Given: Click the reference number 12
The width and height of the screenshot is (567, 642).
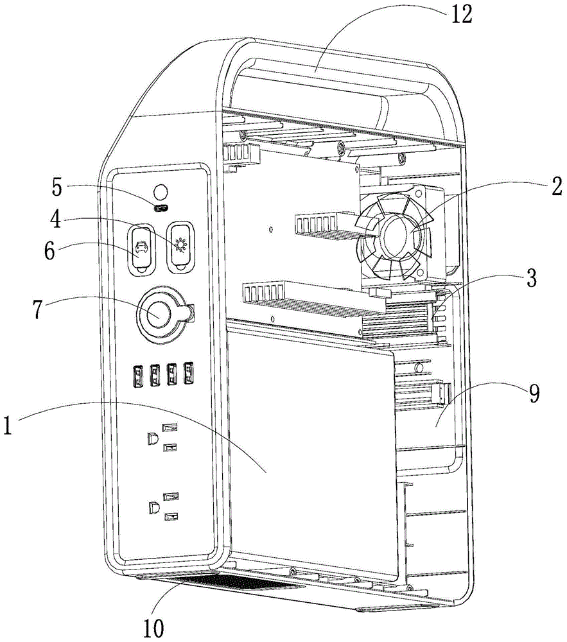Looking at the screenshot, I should pos(462,14).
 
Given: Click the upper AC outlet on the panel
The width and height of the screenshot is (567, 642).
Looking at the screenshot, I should pos(161,437).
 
